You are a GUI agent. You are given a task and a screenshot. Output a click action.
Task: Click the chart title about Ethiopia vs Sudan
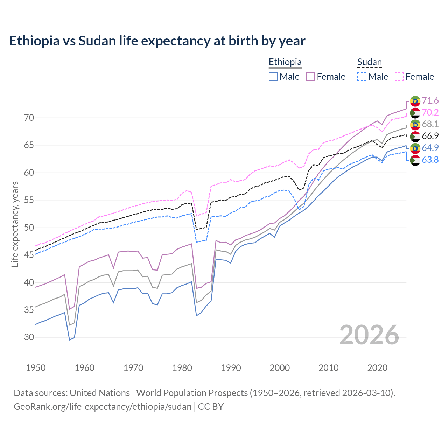tap(157, 41)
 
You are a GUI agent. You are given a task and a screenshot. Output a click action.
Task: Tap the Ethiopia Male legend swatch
tap(273, 77)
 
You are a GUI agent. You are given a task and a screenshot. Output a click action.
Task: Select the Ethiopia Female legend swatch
tap(310, 77)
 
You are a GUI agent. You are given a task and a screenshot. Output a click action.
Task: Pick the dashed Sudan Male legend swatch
tap(362, 77)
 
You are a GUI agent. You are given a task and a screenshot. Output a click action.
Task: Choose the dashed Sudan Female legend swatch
tap(399, 77)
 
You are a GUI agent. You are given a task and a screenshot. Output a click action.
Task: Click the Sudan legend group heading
tap(369, 62)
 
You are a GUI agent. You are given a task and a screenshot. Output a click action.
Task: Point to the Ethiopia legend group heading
tap(285, 62)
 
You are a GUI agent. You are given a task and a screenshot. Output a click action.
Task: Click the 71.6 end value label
tap(430, 101)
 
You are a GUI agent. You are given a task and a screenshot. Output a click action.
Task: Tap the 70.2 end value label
tap(430, 112)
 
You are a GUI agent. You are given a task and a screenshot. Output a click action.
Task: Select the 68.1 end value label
tap(430, 124)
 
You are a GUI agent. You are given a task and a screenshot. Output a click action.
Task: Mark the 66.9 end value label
tap(430, 136)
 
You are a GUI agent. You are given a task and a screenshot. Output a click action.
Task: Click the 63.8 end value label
tap(430, 160)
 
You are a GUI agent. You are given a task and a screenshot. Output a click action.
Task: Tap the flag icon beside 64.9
tap(415, 148)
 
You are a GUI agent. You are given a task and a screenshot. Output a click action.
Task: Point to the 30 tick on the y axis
tap(29, 337)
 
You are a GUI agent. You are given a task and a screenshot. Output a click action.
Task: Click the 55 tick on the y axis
tap(29, 200)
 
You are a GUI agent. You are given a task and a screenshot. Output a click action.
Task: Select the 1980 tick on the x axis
tap(182, 368)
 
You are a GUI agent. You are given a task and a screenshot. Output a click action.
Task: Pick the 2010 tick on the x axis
tap(328, 368)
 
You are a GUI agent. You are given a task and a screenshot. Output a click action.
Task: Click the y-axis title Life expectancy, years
tap(15, 224)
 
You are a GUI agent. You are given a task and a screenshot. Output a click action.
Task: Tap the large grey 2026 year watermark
tap(369, 335)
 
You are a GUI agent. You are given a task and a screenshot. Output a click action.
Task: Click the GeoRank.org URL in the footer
tap(102, 407)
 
